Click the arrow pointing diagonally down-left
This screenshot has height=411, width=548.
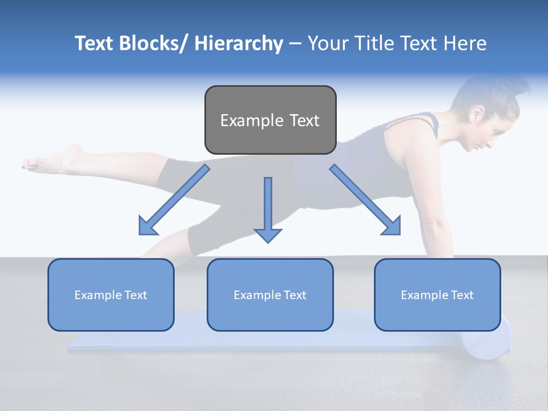[x=174, y=200]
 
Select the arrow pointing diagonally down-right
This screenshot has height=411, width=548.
[x=365, y=200]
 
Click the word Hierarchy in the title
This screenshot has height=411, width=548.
[x=239, y=44]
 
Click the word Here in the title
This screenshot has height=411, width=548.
[x=465, y=44]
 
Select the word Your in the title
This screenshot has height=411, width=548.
[x=328, y=44]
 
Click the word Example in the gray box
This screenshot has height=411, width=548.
[x=252, y=120]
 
